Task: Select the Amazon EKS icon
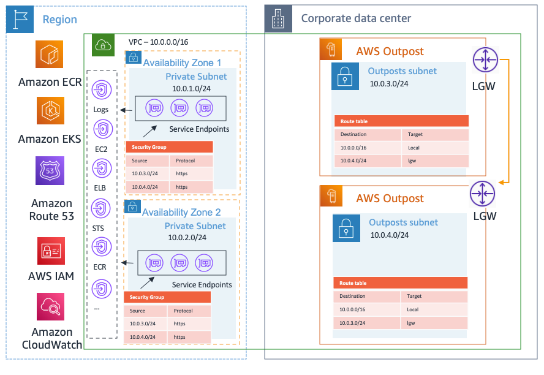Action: pyautogui.click(x=49, y=112)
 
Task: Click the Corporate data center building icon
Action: pyautogui.click(x=278, y=19)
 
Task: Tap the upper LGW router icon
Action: pyautogui.click(x=485, y=61)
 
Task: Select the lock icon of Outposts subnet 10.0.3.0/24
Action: pyautogui.click(x=344, y=77)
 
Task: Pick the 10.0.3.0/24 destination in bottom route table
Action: pyautogui.click(x=353, y=323)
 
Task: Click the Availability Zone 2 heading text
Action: pyautogui.click(x=181, y=213)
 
